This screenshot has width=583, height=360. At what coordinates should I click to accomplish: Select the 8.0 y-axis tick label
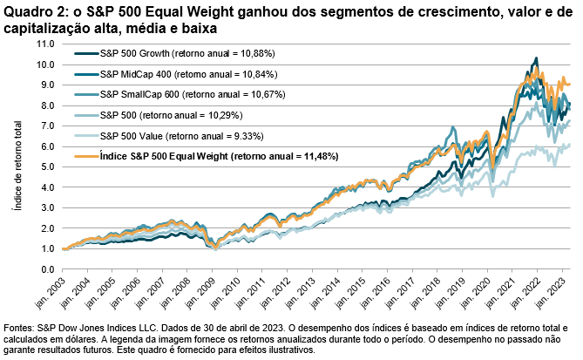coord(41,105)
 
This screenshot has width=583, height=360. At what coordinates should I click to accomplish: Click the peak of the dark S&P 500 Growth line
coord(534,58)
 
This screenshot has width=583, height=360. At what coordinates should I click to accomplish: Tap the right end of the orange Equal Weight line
coord(570,85)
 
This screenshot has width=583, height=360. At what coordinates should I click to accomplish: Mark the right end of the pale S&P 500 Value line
coord(570,145)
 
